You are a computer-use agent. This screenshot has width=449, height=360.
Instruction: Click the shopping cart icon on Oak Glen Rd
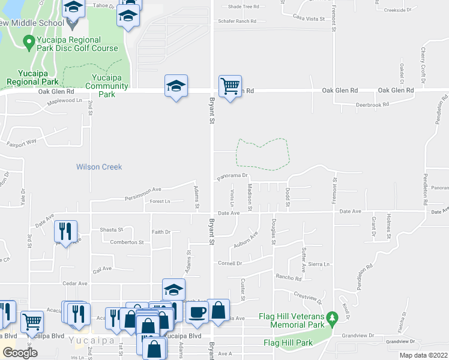click(230, 86)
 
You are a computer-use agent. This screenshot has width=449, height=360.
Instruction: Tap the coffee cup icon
click(197, 311)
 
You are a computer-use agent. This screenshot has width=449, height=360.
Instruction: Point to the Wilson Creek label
click(99, 167)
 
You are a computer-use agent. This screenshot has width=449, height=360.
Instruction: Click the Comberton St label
click(127, 242)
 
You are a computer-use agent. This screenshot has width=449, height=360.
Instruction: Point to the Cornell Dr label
click(230, 263)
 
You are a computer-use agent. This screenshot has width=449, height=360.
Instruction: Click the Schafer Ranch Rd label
click(237, 21)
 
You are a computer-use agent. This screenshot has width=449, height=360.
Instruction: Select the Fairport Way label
click(22, 143)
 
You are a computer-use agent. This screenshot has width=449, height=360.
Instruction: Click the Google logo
click(20, 352)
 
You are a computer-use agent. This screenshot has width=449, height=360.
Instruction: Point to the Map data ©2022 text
click(423, 355)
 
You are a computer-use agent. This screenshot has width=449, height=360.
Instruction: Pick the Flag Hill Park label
click(288, 343)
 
